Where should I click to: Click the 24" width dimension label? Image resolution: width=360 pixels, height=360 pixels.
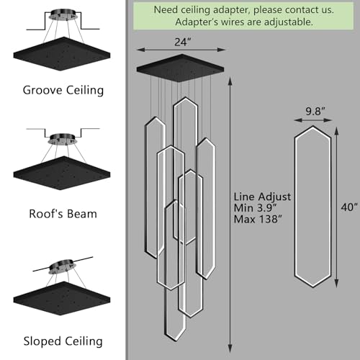[183, 42]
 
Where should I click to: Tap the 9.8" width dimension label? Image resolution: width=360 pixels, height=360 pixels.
[315, 112]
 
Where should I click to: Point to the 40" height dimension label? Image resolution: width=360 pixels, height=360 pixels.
[349, 207]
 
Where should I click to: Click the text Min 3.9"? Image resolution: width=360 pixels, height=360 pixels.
[255, 208]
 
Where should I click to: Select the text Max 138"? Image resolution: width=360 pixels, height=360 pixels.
[258, 219]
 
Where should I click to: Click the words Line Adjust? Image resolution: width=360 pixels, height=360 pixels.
[262, 197]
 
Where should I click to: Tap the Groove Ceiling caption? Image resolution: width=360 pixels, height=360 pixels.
[63, 91]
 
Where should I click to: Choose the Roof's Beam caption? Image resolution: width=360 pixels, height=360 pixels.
[63, 214]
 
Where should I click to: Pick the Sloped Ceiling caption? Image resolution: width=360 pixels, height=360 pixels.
[63, 341]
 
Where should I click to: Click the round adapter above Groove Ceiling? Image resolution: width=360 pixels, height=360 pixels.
[63, 14]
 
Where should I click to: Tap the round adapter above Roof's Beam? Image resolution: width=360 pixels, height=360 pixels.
[63, 139]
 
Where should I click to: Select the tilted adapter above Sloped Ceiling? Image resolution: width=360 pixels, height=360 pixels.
[63, 266]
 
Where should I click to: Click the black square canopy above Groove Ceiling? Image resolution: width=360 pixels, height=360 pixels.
[62, 54]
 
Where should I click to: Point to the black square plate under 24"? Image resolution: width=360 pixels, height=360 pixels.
[180, 68]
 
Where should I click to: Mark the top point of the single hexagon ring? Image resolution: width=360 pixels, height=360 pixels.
[313, 126]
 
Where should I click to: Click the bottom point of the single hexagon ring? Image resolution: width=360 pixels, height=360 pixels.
[313, 287]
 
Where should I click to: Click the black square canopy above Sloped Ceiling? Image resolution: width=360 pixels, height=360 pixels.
[62, 298]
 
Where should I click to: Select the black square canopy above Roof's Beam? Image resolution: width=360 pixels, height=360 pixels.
[62, 173]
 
